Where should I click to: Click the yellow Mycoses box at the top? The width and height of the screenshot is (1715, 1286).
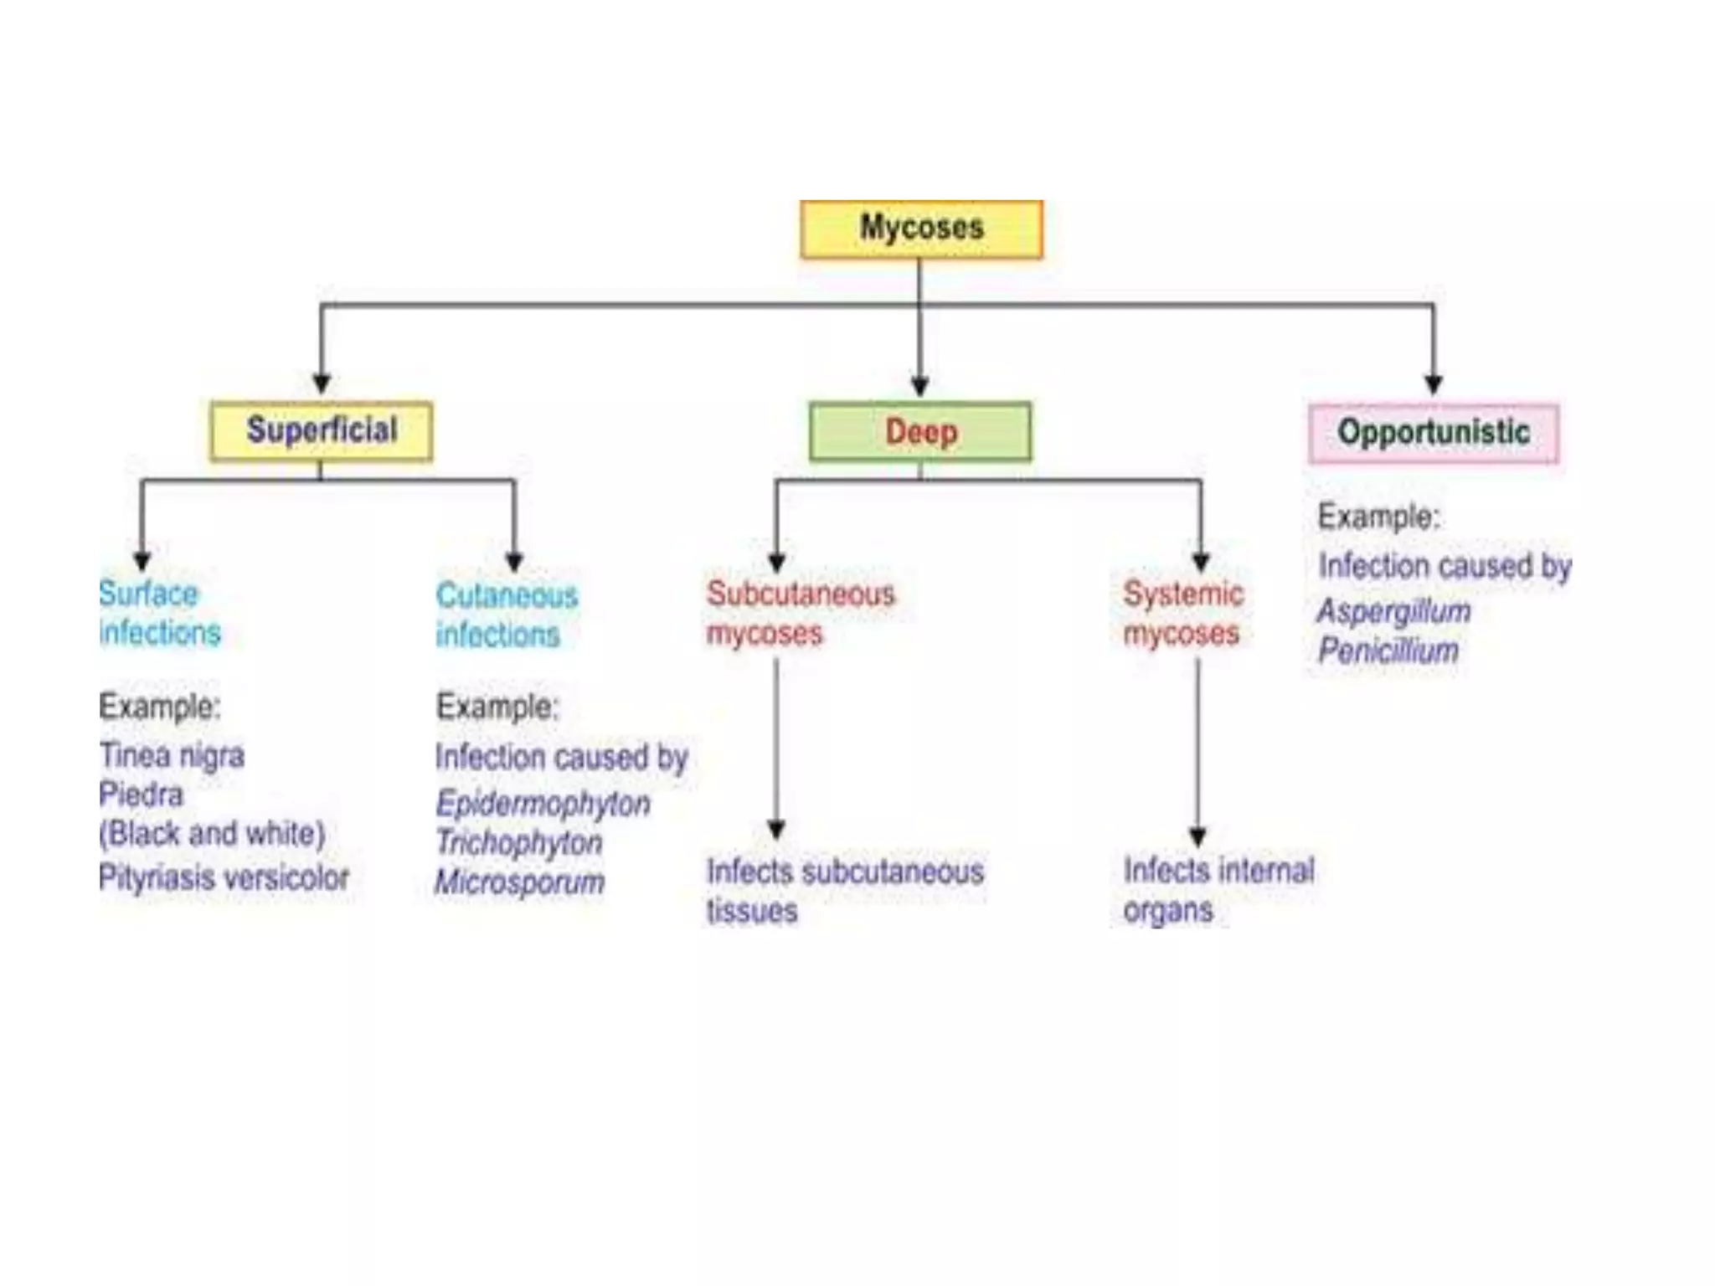921,229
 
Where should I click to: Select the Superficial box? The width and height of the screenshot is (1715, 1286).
322,431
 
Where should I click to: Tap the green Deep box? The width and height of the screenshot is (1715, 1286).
920,432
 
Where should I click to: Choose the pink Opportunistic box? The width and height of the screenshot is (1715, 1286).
1434,433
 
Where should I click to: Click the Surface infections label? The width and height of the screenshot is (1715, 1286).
159,613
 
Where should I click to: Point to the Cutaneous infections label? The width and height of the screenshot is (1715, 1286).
507,615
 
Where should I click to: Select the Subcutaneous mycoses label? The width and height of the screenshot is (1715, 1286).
801,614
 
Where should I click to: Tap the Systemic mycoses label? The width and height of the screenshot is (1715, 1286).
1182,614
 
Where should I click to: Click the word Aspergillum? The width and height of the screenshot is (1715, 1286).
1394,611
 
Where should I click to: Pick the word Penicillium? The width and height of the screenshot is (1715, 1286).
1388,651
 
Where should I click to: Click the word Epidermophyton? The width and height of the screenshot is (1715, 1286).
543,804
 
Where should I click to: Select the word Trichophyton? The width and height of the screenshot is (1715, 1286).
519,842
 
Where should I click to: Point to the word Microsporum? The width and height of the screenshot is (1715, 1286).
519,882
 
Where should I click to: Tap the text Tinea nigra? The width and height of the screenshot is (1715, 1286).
172,755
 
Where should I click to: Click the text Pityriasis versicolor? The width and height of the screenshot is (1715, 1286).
224,877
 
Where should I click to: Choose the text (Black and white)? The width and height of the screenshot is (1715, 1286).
212,834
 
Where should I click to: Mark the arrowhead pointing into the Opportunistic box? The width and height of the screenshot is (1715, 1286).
1434,385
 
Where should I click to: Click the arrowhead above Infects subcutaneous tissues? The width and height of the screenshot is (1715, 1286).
776,830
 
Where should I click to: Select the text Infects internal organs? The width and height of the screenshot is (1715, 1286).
1218,890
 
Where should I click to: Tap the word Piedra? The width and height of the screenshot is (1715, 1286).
141,795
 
